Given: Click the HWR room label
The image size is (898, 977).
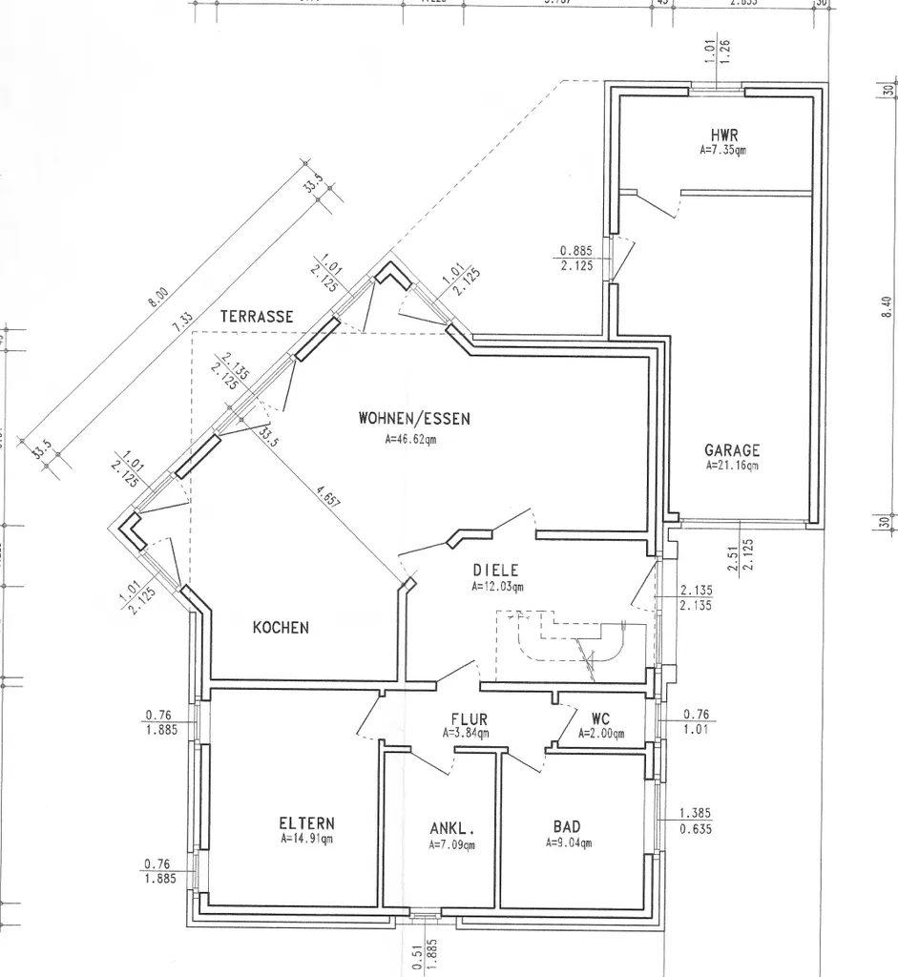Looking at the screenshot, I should point(724,135).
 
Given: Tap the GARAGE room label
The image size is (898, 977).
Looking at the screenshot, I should point(732,449).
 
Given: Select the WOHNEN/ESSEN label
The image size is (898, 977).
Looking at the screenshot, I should point(414,418).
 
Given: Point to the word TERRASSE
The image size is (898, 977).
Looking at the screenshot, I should point(257,315).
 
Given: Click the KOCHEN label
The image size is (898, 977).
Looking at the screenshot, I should point(281,627).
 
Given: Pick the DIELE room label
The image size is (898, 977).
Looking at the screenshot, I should point(495,571).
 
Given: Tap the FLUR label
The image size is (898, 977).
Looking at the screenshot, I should point(470,719).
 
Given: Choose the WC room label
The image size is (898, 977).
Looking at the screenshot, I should point(600,718).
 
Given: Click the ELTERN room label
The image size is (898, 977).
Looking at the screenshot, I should point(306,823).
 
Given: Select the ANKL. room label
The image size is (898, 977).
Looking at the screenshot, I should point(452,828).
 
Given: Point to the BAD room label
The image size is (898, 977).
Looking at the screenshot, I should point(567,826).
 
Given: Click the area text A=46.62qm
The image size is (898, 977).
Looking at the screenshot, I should point(410,440).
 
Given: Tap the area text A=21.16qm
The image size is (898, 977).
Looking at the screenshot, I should point(732,466).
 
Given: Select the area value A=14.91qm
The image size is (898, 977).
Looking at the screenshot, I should point(306,841).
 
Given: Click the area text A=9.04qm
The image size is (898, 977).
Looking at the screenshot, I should point(569,843).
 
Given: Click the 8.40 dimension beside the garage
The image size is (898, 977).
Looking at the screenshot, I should point(888,307).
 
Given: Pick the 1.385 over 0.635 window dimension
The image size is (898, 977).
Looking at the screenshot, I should point(696,821).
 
